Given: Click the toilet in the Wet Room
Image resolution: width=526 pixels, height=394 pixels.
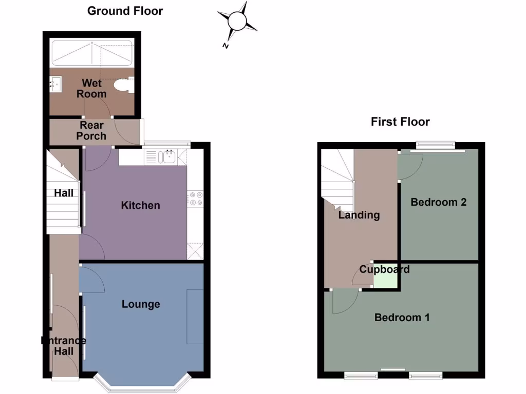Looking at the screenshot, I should [124, 86].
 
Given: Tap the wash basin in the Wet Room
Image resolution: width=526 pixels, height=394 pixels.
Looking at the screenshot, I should [56, 85].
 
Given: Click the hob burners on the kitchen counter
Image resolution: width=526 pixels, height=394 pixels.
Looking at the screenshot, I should [195, 199].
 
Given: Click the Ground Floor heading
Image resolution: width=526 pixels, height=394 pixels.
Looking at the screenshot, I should [125, 11].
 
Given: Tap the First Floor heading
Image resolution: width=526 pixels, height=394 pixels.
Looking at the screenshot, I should [400, 122].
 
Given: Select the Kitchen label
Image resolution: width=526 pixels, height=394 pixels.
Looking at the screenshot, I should [140, 205].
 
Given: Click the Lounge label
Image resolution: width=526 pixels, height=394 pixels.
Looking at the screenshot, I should [141, 304].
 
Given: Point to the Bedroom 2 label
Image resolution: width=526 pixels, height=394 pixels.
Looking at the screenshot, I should [438, 202].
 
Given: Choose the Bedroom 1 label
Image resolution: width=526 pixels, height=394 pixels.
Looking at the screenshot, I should [402, 318].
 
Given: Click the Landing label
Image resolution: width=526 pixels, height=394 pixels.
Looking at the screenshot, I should [359, 215].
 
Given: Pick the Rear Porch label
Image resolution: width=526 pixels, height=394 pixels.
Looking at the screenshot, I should [91, 131].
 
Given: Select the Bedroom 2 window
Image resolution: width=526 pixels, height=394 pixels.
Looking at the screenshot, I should [436, 145].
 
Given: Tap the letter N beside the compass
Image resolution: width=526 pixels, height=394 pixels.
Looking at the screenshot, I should [225, 46].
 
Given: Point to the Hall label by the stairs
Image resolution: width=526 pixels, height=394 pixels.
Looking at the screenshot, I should [64, 193].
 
